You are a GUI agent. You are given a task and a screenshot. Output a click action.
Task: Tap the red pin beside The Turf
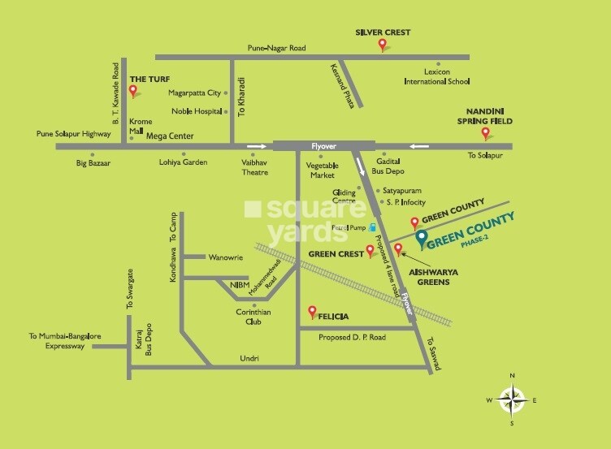[134, 90]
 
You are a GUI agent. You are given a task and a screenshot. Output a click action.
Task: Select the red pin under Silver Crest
[383, 45]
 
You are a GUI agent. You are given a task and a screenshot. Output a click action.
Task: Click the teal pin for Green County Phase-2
[421, 239]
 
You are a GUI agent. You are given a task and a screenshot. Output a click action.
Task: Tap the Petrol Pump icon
[372, 228]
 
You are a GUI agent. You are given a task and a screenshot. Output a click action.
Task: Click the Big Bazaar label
[93, 162]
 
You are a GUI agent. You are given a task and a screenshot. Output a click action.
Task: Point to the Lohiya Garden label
[183, 162]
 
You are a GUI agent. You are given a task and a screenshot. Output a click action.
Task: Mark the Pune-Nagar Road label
[278, 49]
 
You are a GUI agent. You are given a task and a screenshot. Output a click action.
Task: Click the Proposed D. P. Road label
[353, 337]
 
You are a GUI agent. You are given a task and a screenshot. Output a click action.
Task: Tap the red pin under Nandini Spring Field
[486, 134]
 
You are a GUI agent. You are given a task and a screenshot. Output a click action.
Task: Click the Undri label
[249, 358]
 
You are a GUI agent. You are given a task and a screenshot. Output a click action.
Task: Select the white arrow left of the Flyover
[256, 146]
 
